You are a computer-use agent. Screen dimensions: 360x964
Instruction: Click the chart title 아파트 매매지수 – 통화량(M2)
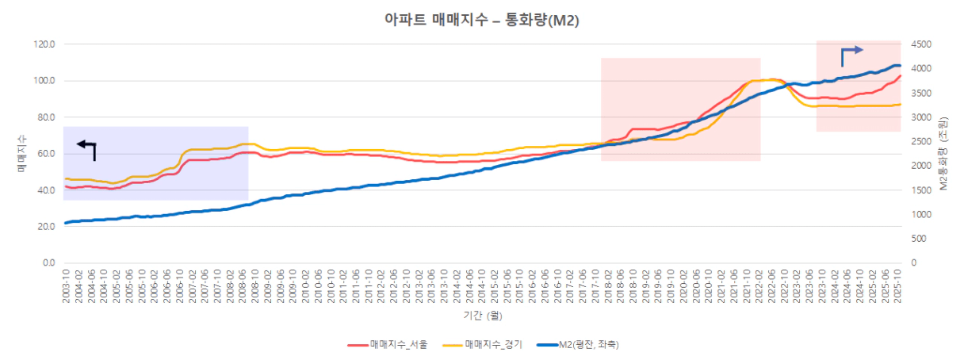coord(481,21)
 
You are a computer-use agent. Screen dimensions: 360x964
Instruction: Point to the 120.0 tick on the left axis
coord(44,44)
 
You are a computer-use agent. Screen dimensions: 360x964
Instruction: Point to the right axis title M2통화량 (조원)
coord(943,153)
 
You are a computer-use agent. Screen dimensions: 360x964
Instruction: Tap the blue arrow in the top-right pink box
coord(851,54)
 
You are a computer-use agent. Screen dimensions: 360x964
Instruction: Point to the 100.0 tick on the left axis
coord(44,81)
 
